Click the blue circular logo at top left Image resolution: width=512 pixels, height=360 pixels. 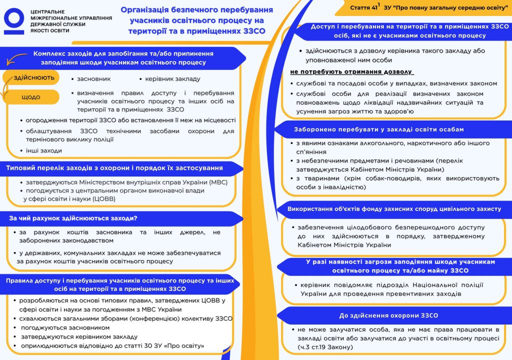point(14,20)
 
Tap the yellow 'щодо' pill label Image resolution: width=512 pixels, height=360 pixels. point(30,97)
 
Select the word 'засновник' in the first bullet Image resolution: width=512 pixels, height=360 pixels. point(93,79)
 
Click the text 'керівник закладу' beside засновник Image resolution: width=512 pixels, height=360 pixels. point(172,79)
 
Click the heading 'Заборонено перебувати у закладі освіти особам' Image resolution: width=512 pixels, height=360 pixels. point(378,129)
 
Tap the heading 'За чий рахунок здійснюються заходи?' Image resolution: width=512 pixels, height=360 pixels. point(73,218)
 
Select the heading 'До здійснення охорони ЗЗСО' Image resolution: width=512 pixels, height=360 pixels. point(388,315)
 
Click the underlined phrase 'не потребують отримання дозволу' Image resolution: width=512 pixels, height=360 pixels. point(350,71)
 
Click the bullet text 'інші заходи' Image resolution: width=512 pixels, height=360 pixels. point(44,150)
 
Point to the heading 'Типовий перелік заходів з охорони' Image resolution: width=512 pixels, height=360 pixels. point(114,168)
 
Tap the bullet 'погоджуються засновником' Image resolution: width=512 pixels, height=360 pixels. point(65,327)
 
